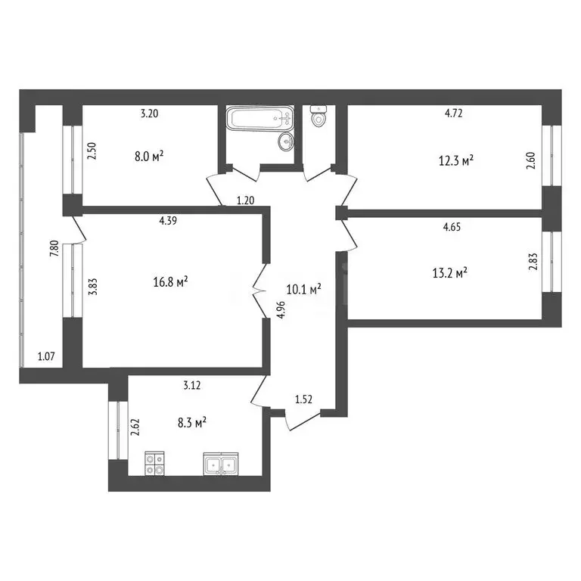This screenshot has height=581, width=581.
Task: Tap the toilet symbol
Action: click(x=318, y=117)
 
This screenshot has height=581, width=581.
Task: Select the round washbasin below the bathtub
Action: click(x=285, y=141)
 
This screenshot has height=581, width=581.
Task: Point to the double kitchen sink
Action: click(x=221, y=463)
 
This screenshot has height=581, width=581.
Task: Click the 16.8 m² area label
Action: click(x=170, y=282)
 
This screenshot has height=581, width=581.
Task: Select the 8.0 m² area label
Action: click(x=149, y=157)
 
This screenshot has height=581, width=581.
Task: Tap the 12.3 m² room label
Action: click(x=457, y=160)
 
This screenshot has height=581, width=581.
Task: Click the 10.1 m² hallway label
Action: click(x=306, y=289)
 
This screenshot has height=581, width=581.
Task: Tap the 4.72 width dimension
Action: click(x=453, y=115)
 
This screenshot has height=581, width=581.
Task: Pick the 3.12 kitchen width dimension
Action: click(x=192, y=384)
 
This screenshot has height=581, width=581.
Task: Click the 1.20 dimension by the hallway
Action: click(x=246, y=200)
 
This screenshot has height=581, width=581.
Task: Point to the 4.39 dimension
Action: click(x=168, y=220)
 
